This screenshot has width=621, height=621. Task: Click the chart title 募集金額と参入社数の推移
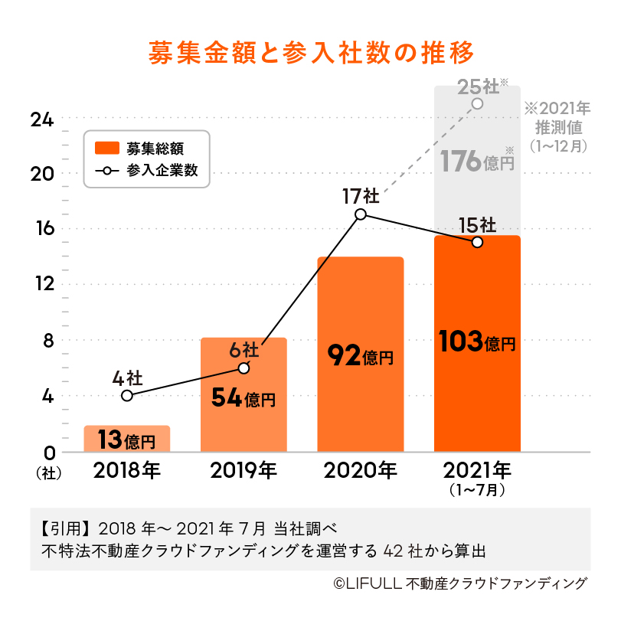(310, 53)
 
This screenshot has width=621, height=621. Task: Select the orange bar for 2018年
(127, 439)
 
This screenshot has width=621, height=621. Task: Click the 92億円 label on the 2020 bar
(360, 355)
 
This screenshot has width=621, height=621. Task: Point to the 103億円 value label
(477, 342)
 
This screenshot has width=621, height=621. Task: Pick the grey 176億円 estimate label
(477, 161)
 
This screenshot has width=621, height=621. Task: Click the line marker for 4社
(127, 396)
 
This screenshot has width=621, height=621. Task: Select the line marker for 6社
(243, 368)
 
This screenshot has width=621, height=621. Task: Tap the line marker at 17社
(361, 214)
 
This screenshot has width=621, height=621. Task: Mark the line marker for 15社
(477, 242)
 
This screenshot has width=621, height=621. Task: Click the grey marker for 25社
(477, 103)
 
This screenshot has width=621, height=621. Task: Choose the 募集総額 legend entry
(145, 148)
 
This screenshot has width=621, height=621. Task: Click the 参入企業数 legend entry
(145, 170)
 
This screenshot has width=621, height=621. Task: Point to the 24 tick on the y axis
(41, 119)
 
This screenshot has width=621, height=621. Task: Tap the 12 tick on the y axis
(41, 284)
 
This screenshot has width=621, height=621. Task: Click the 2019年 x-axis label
(243, 469)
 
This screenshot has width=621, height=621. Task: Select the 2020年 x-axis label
(361, 469)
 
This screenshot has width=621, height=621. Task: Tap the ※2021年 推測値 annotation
(557, 125)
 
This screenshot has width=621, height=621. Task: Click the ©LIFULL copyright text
(459, 583)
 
